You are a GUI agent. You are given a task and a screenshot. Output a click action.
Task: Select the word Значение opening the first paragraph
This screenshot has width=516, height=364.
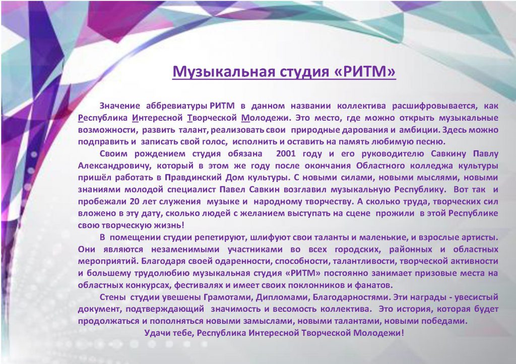120,106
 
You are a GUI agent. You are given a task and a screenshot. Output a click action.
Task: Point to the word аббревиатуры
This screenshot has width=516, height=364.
177,107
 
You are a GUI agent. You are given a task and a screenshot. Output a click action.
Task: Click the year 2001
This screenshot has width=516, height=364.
286,154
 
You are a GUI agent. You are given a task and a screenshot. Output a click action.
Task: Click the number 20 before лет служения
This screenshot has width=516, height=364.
135,201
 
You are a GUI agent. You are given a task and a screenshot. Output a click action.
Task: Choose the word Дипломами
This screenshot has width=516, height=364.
283,297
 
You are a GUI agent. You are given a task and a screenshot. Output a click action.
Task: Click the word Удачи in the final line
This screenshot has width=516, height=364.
156,333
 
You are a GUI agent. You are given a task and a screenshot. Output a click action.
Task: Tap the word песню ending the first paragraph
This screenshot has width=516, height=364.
431,142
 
